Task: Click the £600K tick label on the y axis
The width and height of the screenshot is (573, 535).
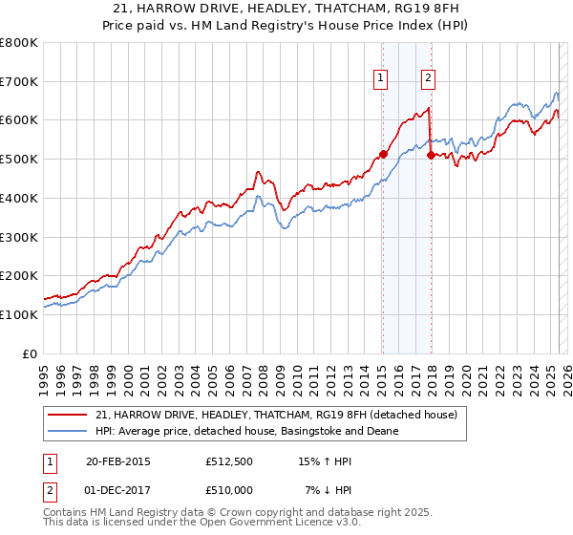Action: [x=19, y=120]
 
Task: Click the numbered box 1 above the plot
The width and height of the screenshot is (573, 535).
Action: [x=381, y=79]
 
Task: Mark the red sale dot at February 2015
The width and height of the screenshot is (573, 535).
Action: [x=383, y=154]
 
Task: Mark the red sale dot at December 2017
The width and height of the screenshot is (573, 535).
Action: [x=431, y=155]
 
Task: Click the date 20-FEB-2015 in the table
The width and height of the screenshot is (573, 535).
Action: [x=117, y=461]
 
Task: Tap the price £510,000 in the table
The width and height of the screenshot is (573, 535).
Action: [x=228, y=490]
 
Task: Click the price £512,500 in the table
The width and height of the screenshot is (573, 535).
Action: [x=228, y=461]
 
